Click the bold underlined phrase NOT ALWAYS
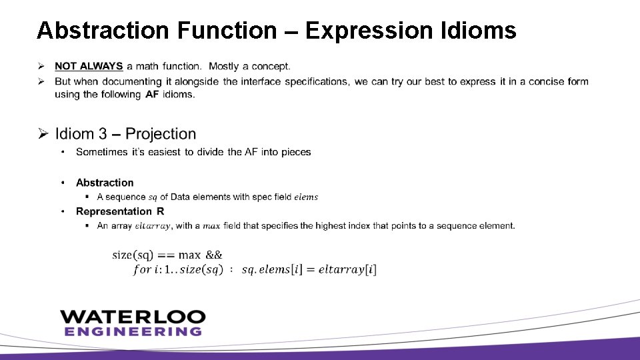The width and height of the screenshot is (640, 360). (89, 66)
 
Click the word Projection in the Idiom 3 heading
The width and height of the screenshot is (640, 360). (161, 135)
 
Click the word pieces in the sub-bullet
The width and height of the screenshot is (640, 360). (297, 152)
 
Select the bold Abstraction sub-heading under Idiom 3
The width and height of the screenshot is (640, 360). (105, 183)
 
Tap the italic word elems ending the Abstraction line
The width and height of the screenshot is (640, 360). (306, 197)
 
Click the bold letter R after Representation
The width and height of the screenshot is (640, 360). (160, 211)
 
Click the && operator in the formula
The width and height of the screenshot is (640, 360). (214, 255)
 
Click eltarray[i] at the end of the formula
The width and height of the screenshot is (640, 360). (347, 269)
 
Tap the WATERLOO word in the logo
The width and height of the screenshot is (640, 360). (133, 316)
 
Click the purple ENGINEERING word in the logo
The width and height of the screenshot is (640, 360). (133, 331)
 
